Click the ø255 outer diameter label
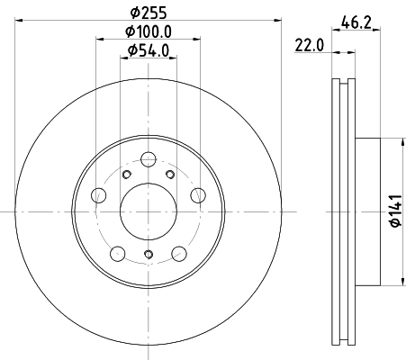tap(148, 13)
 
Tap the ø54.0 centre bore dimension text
tap(148, 50)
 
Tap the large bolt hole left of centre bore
tap(100, 195)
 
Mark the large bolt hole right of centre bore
tap(195, 195)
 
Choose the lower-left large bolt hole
tap(118, 251)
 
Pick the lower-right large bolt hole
tap(177, 251)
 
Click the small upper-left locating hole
tap(127, 174)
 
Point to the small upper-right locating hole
tap(168, 174)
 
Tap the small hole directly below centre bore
tap(148, 256)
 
